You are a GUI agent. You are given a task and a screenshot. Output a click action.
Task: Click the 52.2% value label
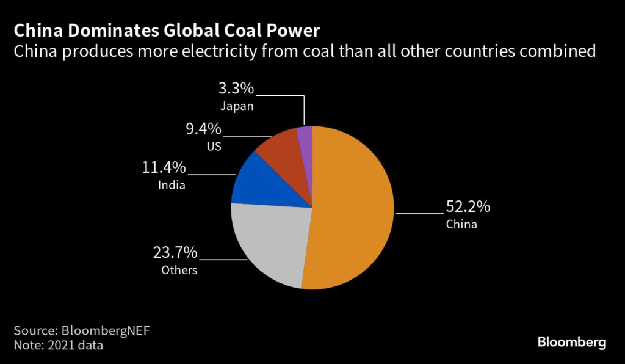(468, 206)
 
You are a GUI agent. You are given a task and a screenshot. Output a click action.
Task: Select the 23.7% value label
(174, 252)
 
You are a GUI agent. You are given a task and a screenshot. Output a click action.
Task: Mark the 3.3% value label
(236, 89)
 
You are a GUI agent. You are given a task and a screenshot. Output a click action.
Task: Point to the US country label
(214, 147)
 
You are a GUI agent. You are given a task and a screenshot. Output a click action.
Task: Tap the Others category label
(179, 269)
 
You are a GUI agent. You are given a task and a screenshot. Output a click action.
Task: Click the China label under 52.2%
(461, 224)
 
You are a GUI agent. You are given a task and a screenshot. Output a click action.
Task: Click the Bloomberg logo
(571, 342)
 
